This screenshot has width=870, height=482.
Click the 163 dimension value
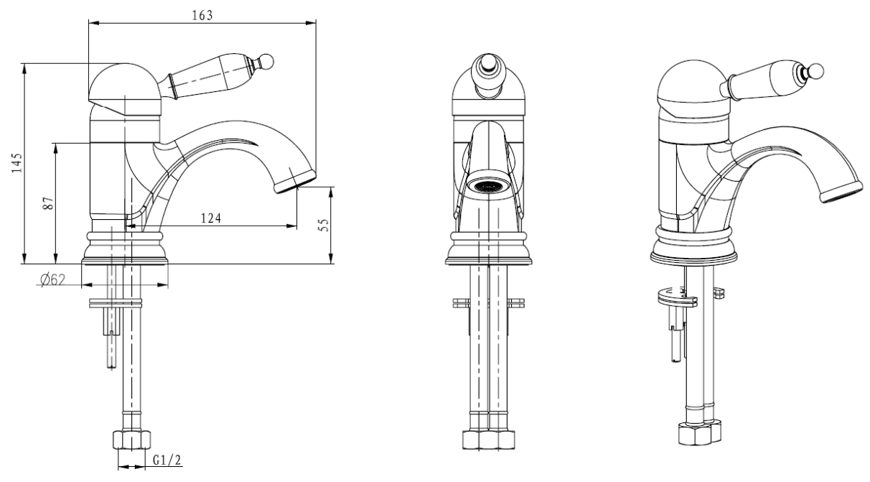click(x=202, y=15)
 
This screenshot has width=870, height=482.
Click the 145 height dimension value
click(x=17, y=163)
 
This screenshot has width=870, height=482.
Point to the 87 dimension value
click(x=48, y=203)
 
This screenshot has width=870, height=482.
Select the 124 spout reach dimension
click(x=211, y=218)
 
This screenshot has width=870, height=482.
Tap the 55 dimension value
click(x=324, y=225)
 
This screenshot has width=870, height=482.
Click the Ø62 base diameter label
click(x=53, y=279)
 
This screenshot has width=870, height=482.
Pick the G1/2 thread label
click(x=167, y=460)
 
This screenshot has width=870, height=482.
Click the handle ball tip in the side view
click(x=267, y=61)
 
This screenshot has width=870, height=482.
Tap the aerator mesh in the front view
click(x=487, y=186)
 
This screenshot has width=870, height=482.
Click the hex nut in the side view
click(x=131, y=440)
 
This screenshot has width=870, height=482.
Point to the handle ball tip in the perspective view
click(x=815, y=72)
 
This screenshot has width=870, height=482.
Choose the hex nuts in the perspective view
click(x=699, y=432)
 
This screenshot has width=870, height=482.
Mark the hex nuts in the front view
click(x=489, y=440)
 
